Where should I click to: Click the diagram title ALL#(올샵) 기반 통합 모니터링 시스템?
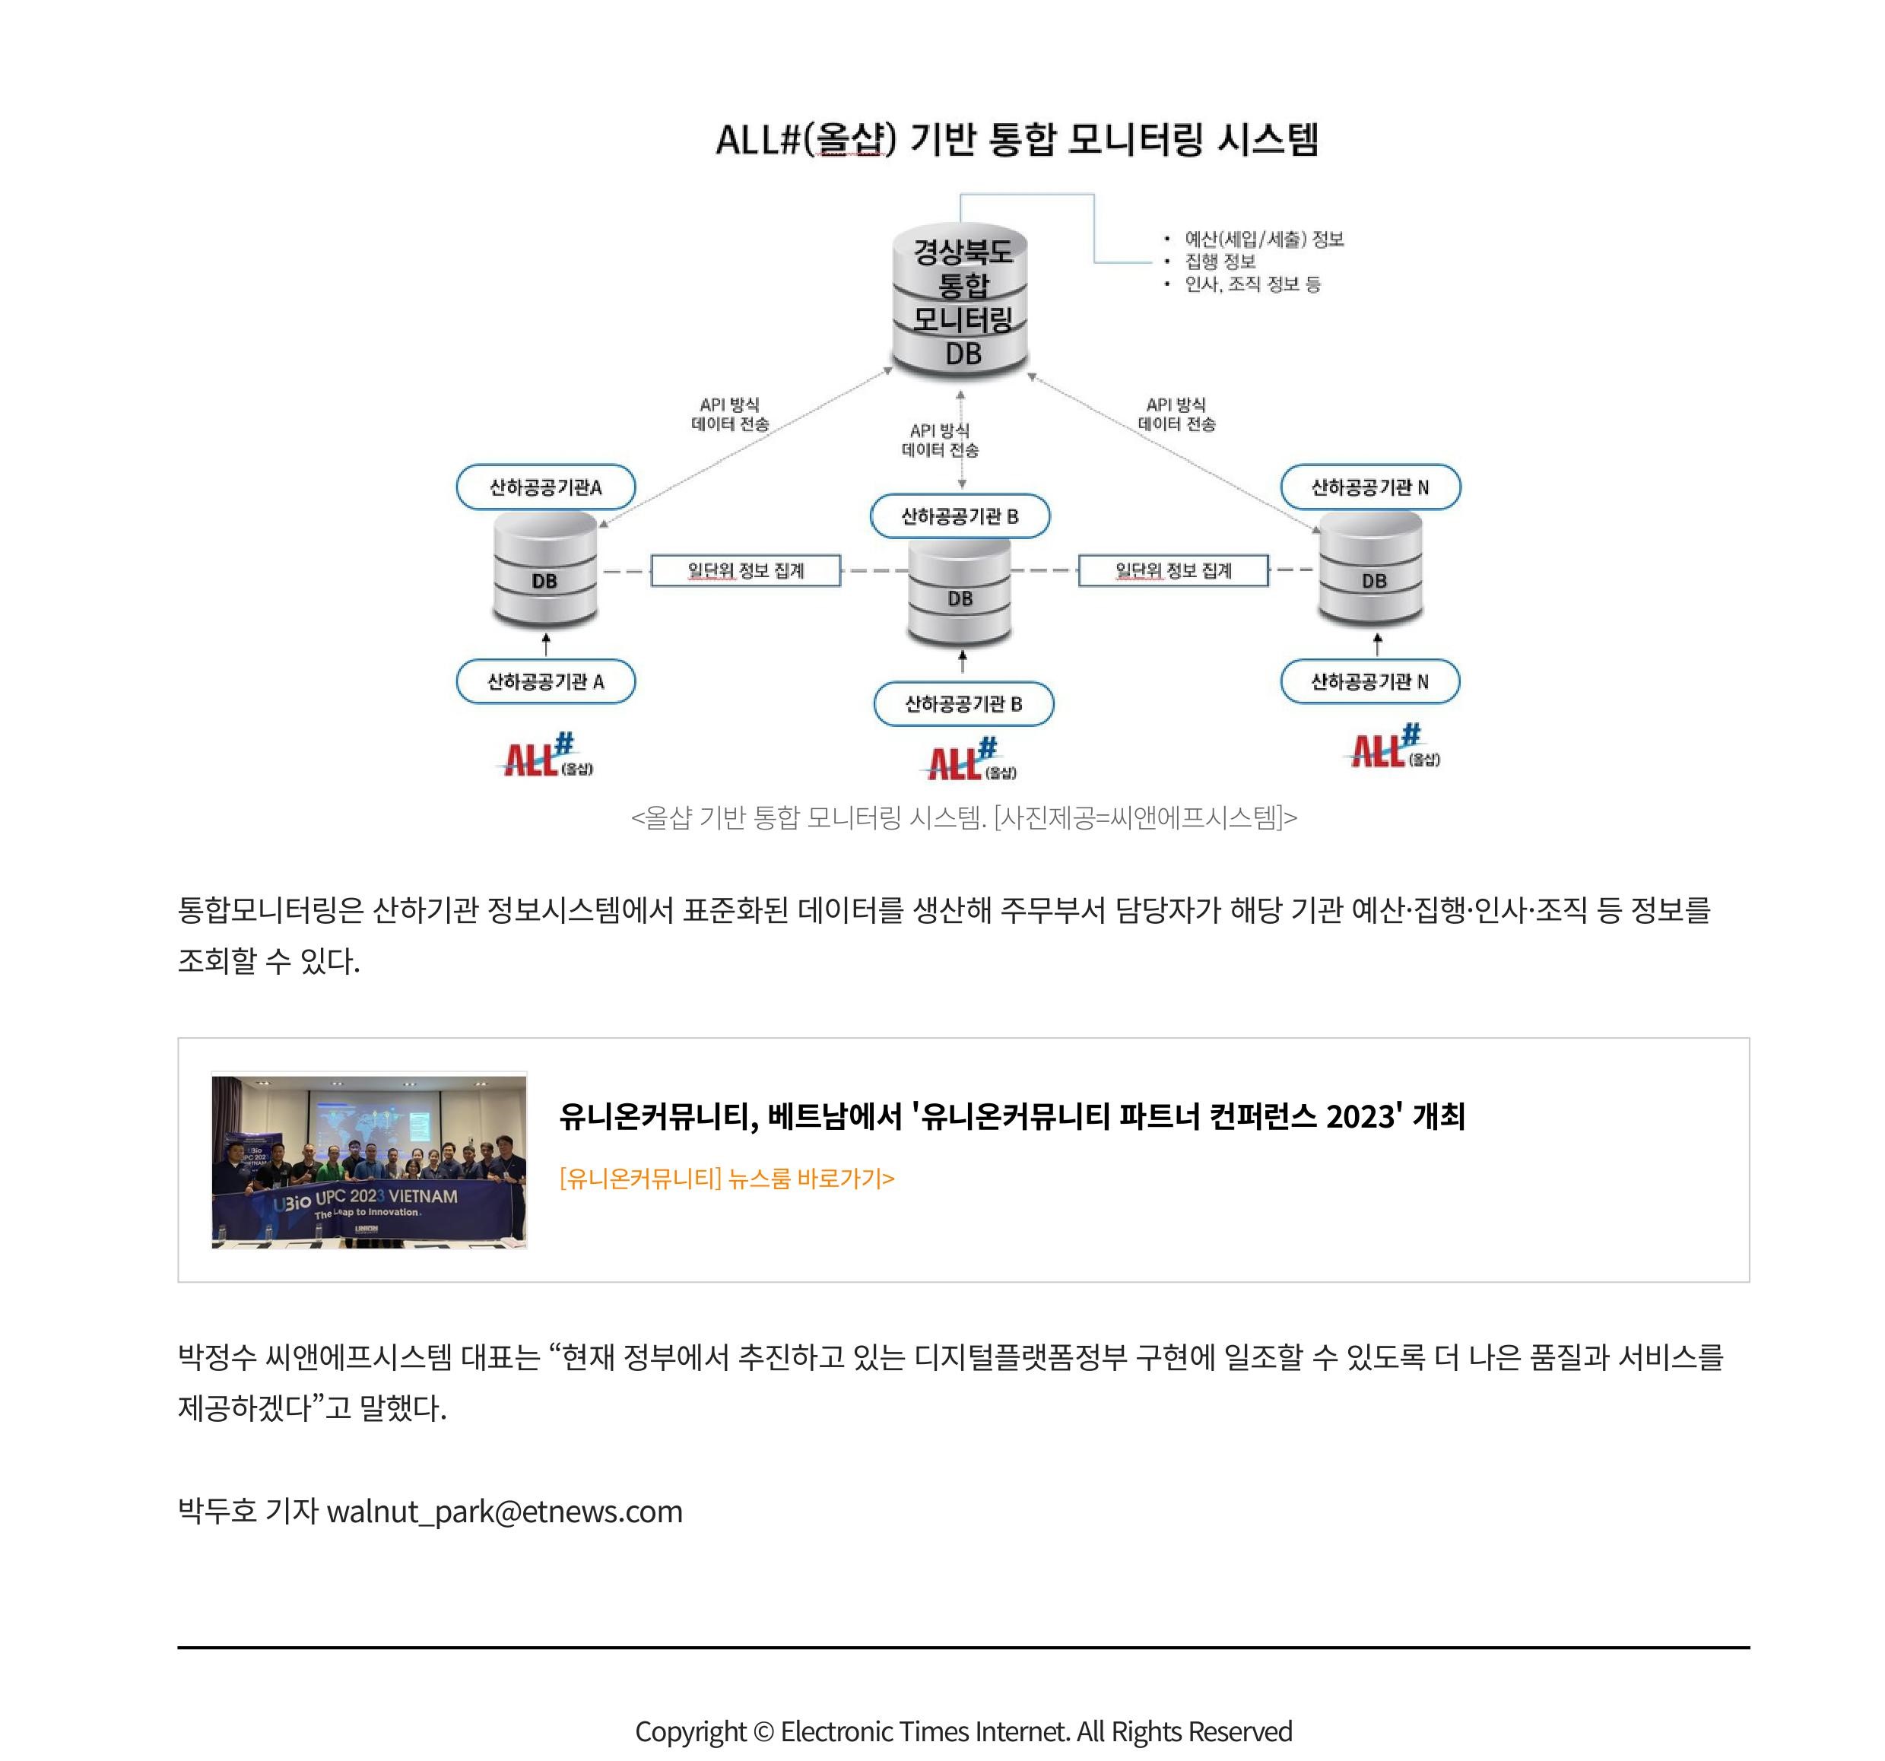(1017, 139)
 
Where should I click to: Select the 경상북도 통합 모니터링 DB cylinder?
(960, 300)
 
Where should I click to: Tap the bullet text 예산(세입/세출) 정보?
(1264, 239)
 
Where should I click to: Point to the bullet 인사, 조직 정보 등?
(1252, 284)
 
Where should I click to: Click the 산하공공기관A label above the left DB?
(545, 487)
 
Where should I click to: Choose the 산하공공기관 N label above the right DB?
(1370, 487)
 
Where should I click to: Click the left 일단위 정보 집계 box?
(745, 570)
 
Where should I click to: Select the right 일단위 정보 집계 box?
(1173, 570)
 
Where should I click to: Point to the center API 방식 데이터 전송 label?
(940, 440)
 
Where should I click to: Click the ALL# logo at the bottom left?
(548, 755)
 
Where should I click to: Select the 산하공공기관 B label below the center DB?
(963, 703)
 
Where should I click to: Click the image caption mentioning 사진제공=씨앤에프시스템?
(963, 817)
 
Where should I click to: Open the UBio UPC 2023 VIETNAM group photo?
(369, 1161)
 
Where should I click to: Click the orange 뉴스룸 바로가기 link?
(726, 1178)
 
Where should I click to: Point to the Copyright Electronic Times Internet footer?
(963, 1731)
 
